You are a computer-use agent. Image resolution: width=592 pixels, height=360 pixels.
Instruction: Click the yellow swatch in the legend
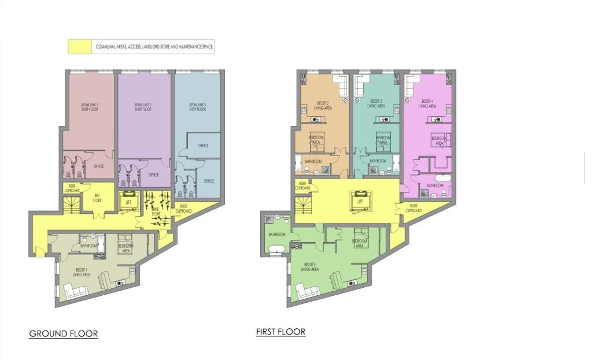[x=80, y=47]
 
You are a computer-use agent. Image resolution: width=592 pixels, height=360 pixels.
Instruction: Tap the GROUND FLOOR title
[x=64, y=334]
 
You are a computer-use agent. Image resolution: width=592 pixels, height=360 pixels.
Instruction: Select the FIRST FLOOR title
[x=281, y=332]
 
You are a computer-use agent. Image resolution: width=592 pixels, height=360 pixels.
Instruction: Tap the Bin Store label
[x=98, y=198]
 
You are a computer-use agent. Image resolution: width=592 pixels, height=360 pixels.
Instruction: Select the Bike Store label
[x=155, y=213]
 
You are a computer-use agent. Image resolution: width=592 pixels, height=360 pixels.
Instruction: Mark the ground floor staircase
[x=72, y=206]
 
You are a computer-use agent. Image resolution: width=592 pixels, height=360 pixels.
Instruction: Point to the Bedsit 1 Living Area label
[x=81, y=272]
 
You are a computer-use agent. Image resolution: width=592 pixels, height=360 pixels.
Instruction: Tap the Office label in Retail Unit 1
[x=99, y=166]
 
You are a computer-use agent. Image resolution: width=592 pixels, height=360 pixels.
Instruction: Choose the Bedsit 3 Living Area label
[x=376, y=104]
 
